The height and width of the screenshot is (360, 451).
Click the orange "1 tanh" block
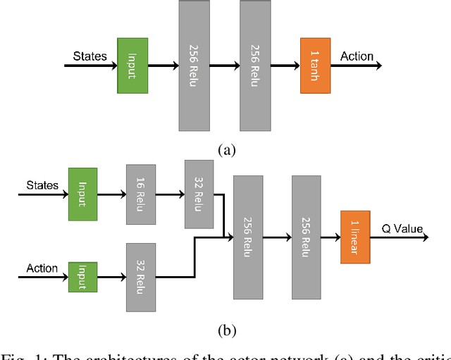point(315,66)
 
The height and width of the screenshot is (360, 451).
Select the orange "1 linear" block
point(355,237)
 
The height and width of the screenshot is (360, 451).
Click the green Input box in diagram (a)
point(132,66)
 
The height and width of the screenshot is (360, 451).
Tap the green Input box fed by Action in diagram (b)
point(82,275)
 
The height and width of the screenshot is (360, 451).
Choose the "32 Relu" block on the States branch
point(199,194)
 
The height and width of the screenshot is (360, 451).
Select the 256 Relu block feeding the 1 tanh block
point(255,66)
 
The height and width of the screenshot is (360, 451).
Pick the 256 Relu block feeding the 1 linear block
point(307,237)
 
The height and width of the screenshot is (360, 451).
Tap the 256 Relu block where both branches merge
point(248,237)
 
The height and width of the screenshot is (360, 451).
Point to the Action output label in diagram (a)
point(358,56)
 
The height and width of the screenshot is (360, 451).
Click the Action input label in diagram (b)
point(42,268)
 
